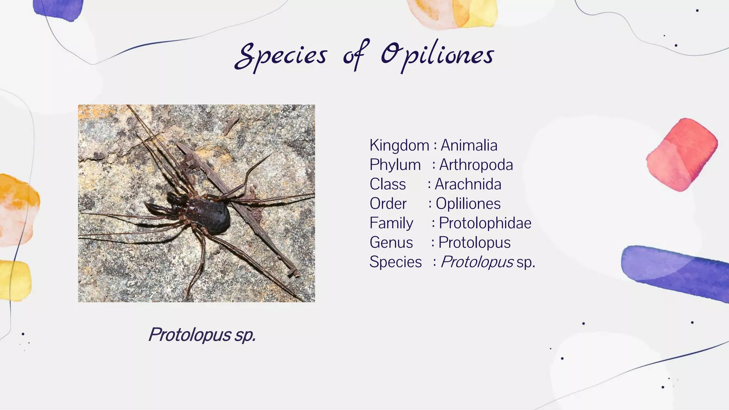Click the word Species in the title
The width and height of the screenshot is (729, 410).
coord(281,56)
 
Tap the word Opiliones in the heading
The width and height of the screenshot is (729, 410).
coord(437,56)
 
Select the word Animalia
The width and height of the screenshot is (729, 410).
coord(469,145)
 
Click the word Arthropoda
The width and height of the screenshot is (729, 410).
coord(476,165)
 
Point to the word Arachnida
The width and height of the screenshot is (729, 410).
coord(468,184)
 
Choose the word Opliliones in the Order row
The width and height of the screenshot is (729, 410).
coord(468,204)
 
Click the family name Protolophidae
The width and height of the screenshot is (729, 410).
coord(485,223)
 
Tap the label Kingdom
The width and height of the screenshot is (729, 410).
coord(399,145)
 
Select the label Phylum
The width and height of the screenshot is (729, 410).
coord(395,165)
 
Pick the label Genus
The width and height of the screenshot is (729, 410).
coord(391,243)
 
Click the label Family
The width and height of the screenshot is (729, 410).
coord(391,223)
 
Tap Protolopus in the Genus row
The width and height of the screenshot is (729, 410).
coord(474,243)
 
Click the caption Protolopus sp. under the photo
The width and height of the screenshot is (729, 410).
coord(202,335)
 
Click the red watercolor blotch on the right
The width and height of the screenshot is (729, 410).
coord(681,154)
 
